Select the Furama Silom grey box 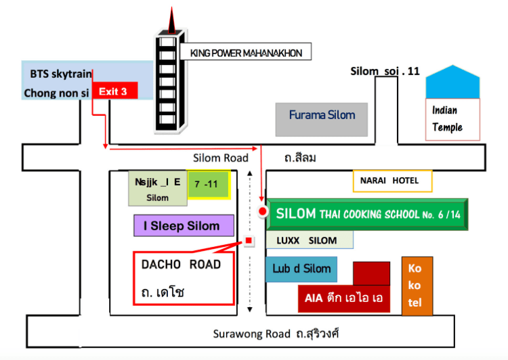[322, 119]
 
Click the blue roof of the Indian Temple [453, 83]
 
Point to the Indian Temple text [448, 119]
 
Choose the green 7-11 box [209, 184]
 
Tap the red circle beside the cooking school [263, 212]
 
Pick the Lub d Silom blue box [301, 269]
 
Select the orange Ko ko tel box [415, 286]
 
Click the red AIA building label [343, 298]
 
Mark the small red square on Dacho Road [249, 240]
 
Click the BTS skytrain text [56, 73]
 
